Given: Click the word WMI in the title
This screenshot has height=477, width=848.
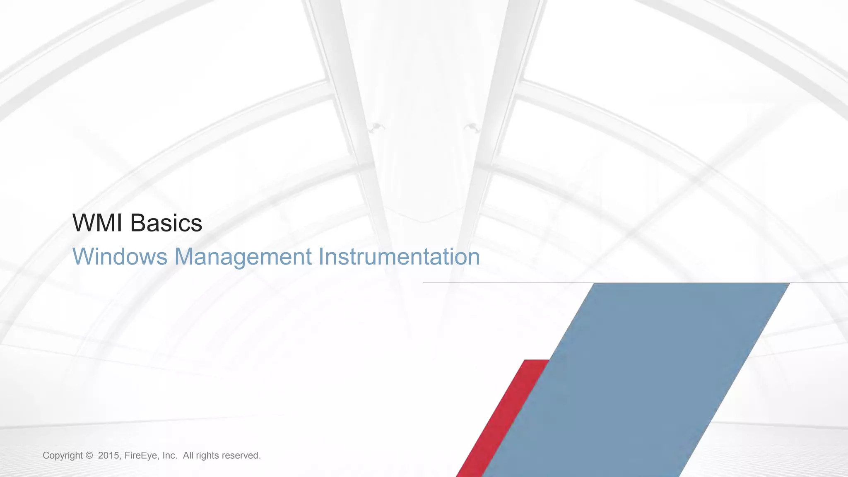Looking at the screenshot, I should [x=97, y=223].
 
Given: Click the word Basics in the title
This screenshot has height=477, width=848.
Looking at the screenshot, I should [x=166, y=223].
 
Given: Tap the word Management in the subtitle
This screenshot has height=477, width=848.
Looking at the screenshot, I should [x=243, y=257].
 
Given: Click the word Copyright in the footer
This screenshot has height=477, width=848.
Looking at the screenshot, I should [x=63, y=456].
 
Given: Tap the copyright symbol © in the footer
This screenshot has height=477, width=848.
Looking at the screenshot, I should [x=89, y=456].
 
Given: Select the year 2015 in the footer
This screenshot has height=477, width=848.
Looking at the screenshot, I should [x=108, y=456].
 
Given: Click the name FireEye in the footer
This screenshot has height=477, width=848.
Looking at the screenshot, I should [x=141, y=456].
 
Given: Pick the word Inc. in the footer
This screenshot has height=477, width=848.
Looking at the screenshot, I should [x=170, y=456].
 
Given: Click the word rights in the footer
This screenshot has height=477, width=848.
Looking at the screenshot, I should [x=207, y=456].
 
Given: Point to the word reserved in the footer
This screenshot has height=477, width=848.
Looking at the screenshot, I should [x=241, y=456].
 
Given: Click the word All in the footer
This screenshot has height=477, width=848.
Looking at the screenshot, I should [x=188, y=456].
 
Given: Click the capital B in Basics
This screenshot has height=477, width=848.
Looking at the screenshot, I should [x=138, y=223].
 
